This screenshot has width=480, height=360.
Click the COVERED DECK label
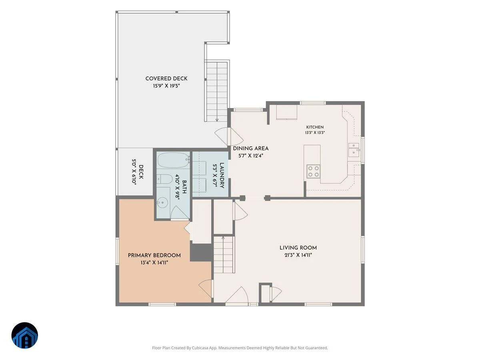(x=166, y=78)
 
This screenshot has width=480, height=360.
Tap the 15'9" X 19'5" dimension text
(x=166, y=86)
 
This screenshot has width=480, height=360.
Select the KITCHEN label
(x=315, y=127)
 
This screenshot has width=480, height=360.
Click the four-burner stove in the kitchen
(x=313, y=171)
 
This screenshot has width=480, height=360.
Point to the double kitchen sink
(x=354, y=150)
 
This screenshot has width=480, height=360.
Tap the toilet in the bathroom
(x=165, y=179)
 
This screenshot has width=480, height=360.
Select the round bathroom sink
(x=162, y=202)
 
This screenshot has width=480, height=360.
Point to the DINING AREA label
(x=251, y=148)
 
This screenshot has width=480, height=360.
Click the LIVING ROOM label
(x=298, y=248)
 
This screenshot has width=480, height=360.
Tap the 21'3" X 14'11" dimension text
(x=298, y=255)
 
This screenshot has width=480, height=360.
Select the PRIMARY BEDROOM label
(x=154, y=255)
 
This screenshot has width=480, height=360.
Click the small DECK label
(x=141, y=172)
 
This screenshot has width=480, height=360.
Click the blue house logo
(x=25, y=335)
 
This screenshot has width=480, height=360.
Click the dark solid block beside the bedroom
(x=201, y=252)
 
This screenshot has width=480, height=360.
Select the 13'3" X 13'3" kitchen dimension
(x=315, y=133)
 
